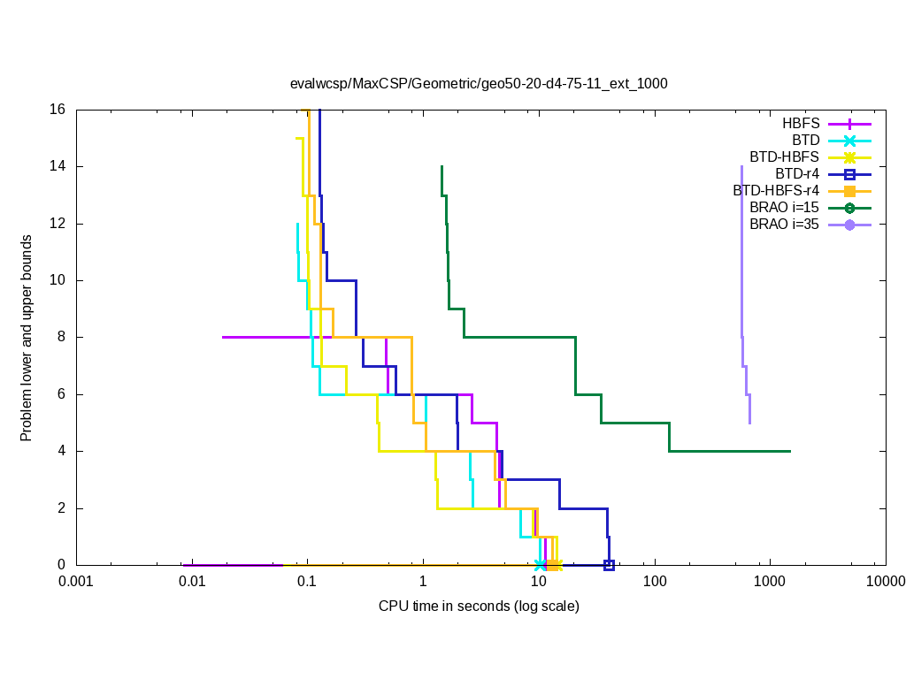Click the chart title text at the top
coord(479,84)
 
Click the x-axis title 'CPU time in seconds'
coord(479,607)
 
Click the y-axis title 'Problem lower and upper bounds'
coord(27,338)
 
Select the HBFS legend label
coord(801,124)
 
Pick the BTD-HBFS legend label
coord(784,157)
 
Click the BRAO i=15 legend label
coord(784,208)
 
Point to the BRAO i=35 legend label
coord(784,225)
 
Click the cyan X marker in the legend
coord(849,141)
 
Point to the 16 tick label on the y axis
coord(58,110)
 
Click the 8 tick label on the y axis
coord(62,337)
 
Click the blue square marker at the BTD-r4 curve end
coord(609,565)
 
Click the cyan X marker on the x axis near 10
coord(541,565)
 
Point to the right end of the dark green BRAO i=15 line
coord(790,451)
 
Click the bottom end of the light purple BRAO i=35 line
coord(749,423)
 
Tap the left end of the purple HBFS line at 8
coord(223,337)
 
